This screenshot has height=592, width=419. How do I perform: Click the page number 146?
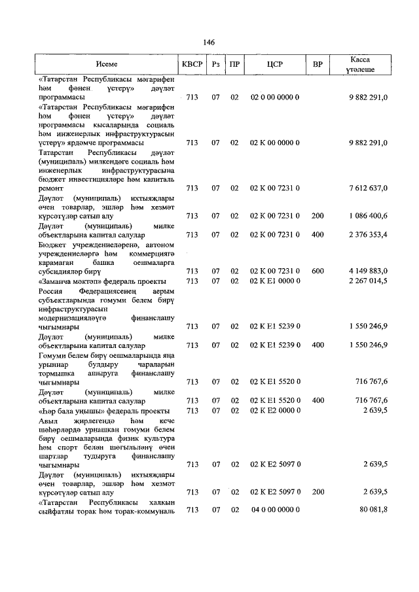coord(209,42)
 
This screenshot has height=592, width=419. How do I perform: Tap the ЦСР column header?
coord(274,65)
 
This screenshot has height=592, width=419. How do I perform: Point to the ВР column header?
coord(318,65)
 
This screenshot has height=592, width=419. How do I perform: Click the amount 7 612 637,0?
coord(367,188)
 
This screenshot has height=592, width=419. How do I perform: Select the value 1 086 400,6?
coord(367,215)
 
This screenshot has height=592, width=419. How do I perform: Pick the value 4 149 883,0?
coord(367,271)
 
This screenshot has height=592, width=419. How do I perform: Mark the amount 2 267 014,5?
coord(367,281)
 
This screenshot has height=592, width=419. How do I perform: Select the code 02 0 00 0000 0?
coord(275,97)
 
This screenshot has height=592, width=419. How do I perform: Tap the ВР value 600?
coord(318,271)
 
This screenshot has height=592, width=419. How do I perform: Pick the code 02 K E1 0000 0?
coord(275,281)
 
